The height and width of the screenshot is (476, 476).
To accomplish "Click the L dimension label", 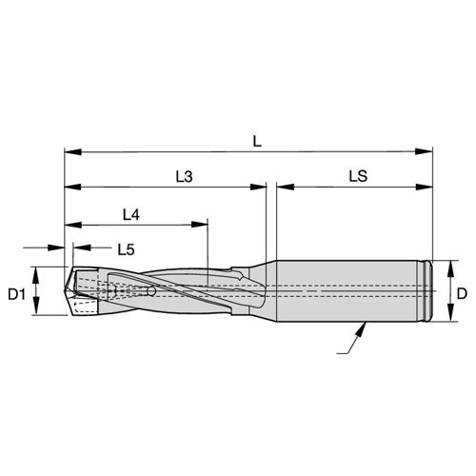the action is [257, 141].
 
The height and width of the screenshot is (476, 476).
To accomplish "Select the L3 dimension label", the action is [185, 176].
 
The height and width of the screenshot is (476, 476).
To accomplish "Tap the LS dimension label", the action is [358, 176].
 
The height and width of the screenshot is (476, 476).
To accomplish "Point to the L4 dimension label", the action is [131, 215].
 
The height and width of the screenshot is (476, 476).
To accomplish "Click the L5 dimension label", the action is [127, 249].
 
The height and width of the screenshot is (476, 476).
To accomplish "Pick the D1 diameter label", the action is [16, 295].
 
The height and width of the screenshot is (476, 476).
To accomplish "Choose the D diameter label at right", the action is [462, 294].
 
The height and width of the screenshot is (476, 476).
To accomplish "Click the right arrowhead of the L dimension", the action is [424, 151].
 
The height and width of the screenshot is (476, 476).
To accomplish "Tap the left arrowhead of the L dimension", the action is [73, 151].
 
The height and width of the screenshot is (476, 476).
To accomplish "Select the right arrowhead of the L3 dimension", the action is [258, 187].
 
